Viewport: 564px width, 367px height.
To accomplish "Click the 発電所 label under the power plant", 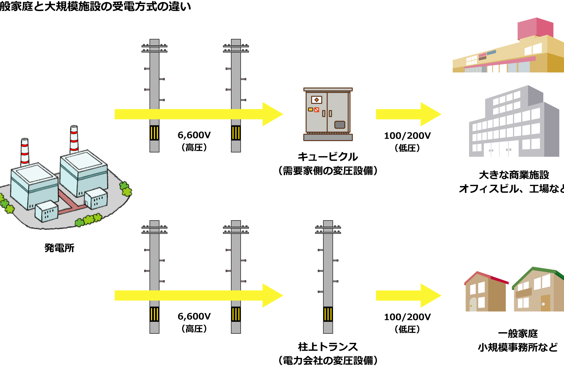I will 59,248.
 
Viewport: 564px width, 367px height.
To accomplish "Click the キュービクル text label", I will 327,157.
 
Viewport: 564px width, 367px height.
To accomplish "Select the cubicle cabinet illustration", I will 328,114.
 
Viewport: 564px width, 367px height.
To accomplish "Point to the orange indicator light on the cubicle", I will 311,109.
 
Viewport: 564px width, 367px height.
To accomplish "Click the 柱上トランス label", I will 328,347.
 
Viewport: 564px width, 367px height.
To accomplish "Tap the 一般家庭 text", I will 518,333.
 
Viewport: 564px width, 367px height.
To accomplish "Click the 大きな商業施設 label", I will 514,175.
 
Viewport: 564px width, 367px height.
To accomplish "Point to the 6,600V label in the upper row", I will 194,135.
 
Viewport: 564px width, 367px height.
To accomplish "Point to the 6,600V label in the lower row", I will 194,316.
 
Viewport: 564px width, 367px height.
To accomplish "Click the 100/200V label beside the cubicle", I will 407,136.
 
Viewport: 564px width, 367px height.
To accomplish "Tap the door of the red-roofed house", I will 473,304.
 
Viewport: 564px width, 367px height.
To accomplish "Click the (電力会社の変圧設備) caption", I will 328,360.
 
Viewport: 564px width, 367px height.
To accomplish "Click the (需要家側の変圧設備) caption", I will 328,171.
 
